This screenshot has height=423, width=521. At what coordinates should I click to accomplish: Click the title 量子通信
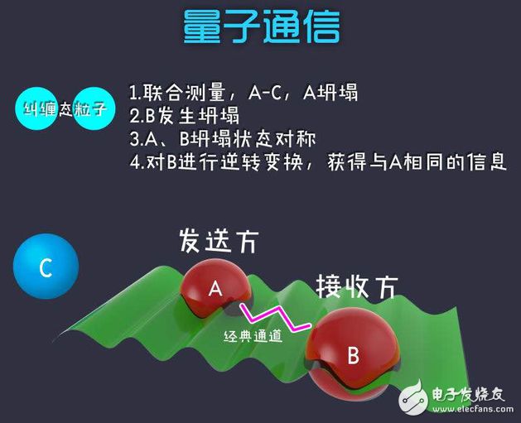coord(262,26)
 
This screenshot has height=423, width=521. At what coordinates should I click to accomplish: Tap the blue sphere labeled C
coord(46,267)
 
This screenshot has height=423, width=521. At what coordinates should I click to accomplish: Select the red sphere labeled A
coord(215,288)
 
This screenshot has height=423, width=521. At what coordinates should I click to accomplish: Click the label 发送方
coord(219,241)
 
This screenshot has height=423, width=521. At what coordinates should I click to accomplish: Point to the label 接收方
coord(356,286)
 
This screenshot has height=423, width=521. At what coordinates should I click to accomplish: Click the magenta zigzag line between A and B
coord(276,317)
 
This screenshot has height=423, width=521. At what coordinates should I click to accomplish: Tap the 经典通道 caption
coord(253,337)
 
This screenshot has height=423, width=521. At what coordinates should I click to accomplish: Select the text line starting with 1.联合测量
coord(244,92)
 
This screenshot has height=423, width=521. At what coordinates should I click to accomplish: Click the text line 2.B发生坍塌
coord(184,116)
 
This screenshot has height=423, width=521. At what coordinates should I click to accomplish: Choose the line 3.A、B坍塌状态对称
coord(223,139)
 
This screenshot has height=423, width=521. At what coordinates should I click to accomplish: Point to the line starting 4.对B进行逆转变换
coord(318,162)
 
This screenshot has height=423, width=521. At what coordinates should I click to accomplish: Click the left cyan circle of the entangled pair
coord(36,108)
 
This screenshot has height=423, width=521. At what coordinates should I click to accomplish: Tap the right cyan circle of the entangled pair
coord(94,108)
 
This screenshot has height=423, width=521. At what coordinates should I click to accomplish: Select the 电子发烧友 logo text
coord(468,394)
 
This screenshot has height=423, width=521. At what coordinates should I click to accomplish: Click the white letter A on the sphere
coord(215,288)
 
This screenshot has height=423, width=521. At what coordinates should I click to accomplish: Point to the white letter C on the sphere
coord(46,267)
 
